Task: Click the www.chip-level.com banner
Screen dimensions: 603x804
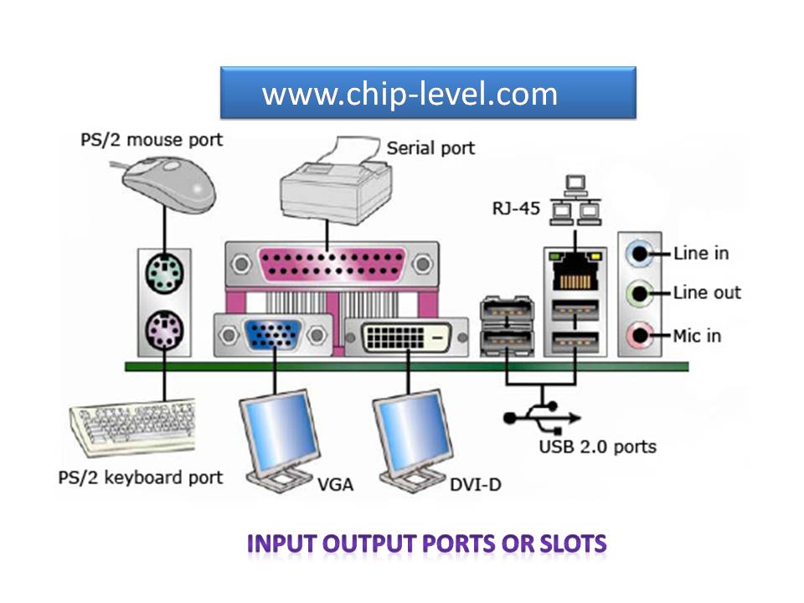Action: click(428, 93)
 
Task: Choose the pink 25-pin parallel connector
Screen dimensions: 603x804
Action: click(332, 265)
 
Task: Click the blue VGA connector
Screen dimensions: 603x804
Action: click(272, 336)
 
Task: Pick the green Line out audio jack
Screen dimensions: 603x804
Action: click(640, 293)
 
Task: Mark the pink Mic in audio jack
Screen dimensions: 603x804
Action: click(640, 336)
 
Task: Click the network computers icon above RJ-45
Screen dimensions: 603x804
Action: click(575, 202)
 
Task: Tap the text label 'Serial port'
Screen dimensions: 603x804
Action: click(430, 148)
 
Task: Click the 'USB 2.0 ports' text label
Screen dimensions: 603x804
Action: click(596, 446)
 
